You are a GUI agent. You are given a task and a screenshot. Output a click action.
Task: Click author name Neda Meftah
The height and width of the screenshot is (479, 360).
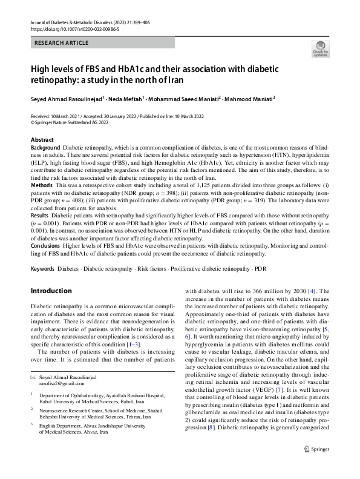pos(126,99)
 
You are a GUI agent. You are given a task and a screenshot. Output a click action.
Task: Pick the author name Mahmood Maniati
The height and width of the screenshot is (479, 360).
pos(250,99)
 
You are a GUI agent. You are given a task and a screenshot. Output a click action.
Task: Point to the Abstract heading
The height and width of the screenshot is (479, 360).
pos(42,140)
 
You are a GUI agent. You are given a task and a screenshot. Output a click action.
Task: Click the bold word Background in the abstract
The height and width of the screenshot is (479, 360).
pos(45,148)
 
